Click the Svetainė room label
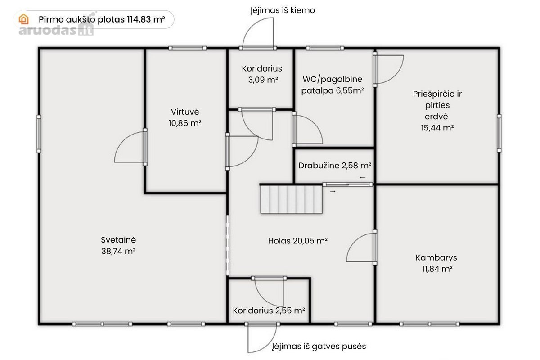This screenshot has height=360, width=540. coord(118,245)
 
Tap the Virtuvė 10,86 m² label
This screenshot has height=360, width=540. coord(185,117)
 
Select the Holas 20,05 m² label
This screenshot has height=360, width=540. coord(298,241)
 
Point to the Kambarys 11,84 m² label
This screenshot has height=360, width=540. coord(436,263)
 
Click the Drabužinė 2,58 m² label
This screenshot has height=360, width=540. coord(335,166)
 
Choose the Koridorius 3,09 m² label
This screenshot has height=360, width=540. coord(262,74)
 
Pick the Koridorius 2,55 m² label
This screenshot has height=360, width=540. coord(269,310)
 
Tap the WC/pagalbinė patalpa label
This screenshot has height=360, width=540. coord(333,85)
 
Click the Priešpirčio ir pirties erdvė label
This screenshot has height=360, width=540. coord(437,111)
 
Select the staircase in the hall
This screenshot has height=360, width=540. coord(292,199)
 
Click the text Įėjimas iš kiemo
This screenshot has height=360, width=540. coord(283,10)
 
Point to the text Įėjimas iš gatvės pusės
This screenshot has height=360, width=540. coord(319,346)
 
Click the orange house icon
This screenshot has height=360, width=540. coord(23,19)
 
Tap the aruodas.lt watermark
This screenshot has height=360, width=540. coord(56,30)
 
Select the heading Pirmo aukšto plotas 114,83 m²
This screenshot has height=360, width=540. coord(102,19)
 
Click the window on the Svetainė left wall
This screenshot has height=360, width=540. coord(39,134)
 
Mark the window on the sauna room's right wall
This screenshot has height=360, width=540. coord(499,133)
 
